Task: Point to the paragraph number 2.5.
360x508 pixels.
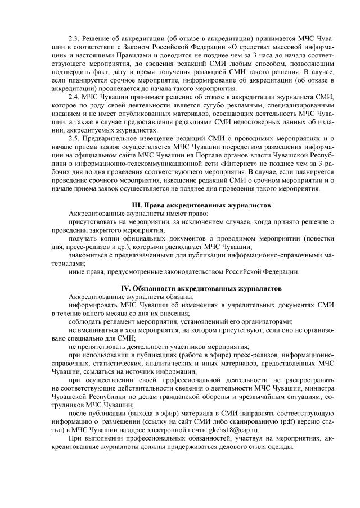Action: click(74, 138)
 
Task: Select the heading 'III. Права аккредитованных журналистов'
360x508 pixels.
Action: click(201, 205)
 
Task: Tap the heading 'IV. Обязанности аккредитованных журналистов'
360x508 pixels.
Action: click(201, 288)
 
